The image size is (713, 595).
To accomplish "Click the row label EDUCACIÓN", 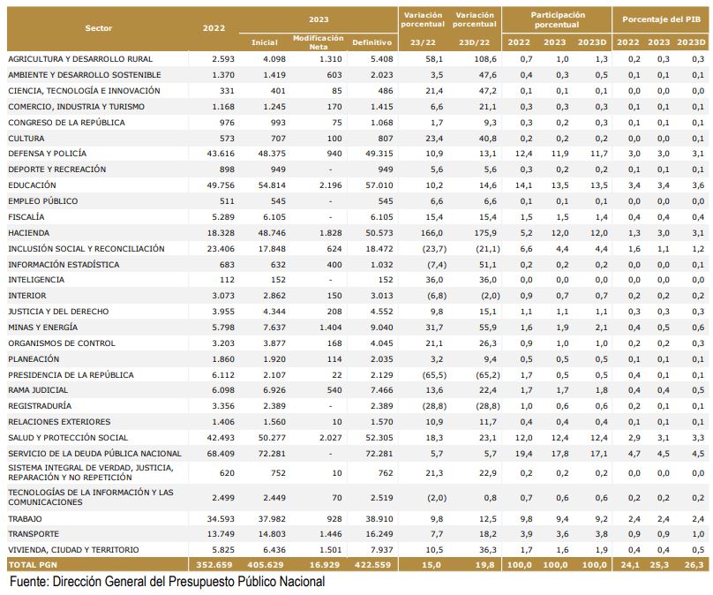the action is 32,185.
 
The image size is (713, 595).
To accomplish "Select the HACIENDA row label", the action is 28,233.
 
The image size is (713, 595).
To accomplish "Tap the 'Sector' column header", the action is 98,28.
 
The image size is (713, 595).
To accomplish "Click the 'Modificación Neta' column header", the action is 319,42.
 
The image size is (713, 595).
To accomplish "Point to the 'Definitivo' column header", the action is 372,42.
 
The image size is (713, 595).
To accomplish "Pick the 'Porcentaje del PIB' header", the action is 661,19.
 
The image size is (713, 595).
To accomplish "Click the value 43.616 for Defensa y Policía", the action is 221,154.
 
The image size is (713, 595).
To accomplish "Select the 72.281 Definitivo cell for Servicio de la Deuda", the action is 379,454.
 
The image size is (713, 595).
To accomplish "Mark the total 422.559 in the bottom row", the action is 373,564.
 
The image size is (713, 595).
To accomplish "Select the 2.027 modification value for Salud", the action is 331,438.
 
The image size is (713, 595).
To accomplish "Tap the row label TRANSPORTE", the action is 34,533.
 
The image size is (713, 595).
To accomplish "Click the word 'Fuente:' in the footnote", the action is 29,582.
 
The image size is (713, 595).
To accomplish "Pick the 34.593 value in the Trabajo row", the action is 221,518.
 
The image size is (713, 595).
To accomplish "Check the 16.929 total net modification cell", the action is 324,564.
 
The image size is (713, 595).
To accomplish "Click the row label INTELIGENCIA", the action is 36,280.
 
